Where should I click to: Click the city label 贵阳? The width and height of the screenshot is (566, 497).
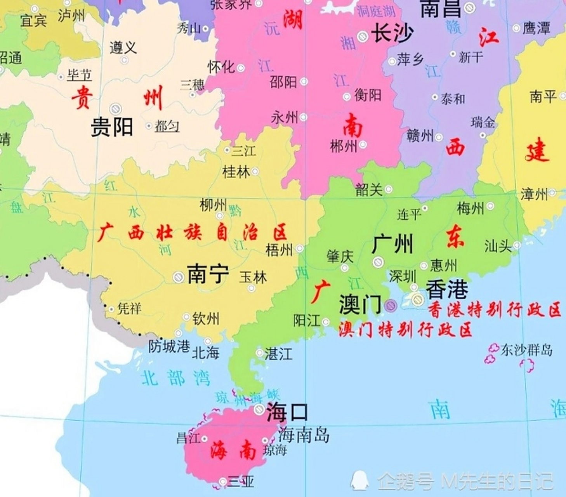click(112, 127)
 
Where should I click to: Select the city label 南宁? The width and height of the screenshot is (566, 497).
click(208, 274)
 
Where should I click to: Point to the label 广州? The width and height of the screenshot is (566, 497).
click(392, 244)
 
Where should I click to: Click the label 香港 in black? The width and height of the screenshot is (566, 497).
click(447, 289)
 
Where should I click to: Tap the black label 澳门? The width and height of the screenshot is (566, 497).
click(360, 304)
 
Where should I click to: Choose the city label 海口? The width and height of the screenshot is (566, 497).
click(287, 412)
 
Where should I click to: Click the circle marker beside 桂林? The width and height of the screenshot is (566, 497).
click(255, 171)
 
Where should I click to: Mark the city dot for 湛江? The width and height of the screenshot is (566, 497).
click(259, 353)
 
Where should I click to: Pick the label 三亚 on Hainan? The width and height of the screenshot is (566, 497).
click(241, 482)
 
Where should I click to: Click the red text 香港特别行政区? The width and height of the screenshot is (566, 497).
click(495, 310)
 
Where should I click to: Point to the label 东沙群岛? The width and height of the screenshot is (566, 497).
click(526, 350)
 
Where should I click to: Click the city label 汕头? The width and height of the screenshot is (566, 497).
click(498, 246)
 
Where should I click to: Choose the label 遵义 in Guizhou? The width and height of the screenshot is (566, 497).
click(123, 48)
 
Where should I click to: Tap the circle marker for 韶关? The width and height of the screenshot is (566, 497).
click(388, 189)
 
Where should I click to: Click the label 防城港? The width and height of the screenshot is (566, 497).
click(169, 346)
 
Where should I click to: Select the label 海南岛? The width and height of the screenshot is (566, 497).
click(304, 435)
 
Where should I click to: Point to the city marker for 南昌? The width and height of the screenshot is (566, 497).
click(470, 7)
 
